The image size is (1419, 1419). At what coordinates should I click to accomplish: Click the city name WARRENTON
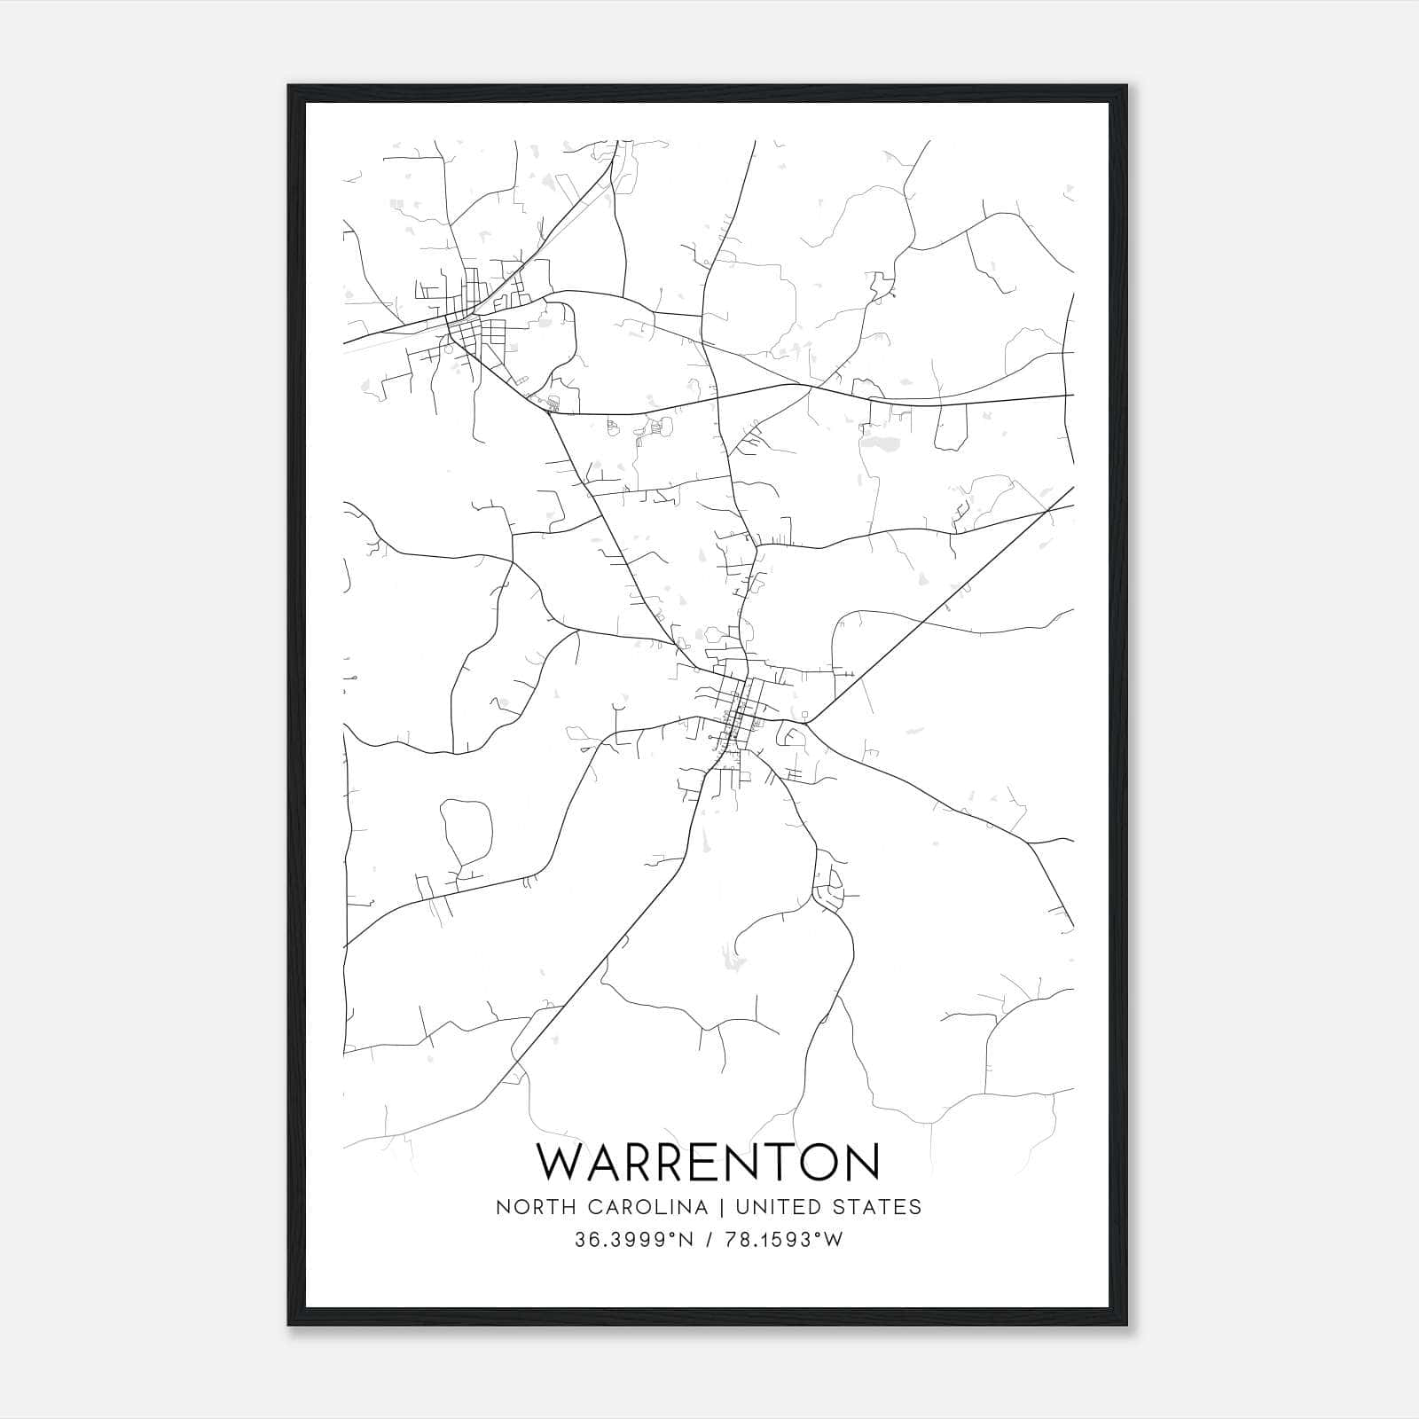point(709,1163)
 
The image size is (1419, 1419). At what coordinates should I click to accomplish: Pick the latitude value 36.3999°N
point(633,1240)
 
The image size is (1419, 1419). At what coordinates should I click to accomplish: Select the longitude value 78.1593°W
point(783,1240)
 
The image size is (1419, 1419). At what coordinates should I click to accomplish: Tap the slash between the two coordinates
point(709,1240)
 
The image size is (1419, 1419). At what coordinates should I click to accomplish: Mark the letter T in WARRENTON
point(769,1163)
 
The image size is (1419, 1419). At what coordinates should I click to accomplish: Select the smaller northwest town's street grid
point(467,328)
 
